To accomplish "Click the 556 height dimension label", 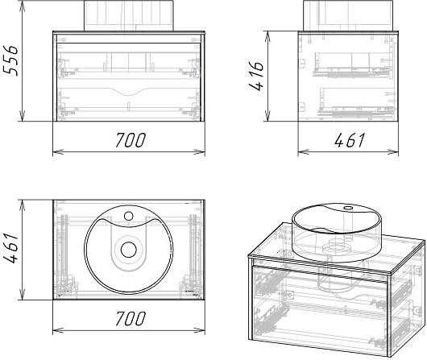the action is [x=10, y=60].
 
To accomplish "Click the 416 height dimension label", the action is [x=256, y=76].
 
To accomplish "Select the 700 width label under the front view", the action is [x=131, y=140].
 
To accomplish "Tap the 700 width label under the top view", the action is [x=131, y=318].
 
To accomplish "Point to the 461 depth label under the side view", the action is [x=350, y=140].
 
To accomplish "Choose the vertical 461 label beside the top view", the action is [x=10, y=248].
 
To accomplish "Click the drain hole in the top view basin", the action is [x=129, y=250].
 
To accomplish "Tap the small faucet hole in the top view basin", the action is [x=129, y=216].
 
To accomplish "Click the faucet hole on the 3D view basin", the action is [x=348, y=209].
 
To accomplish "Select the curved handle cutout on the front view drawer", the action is [x=129, y=92].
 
